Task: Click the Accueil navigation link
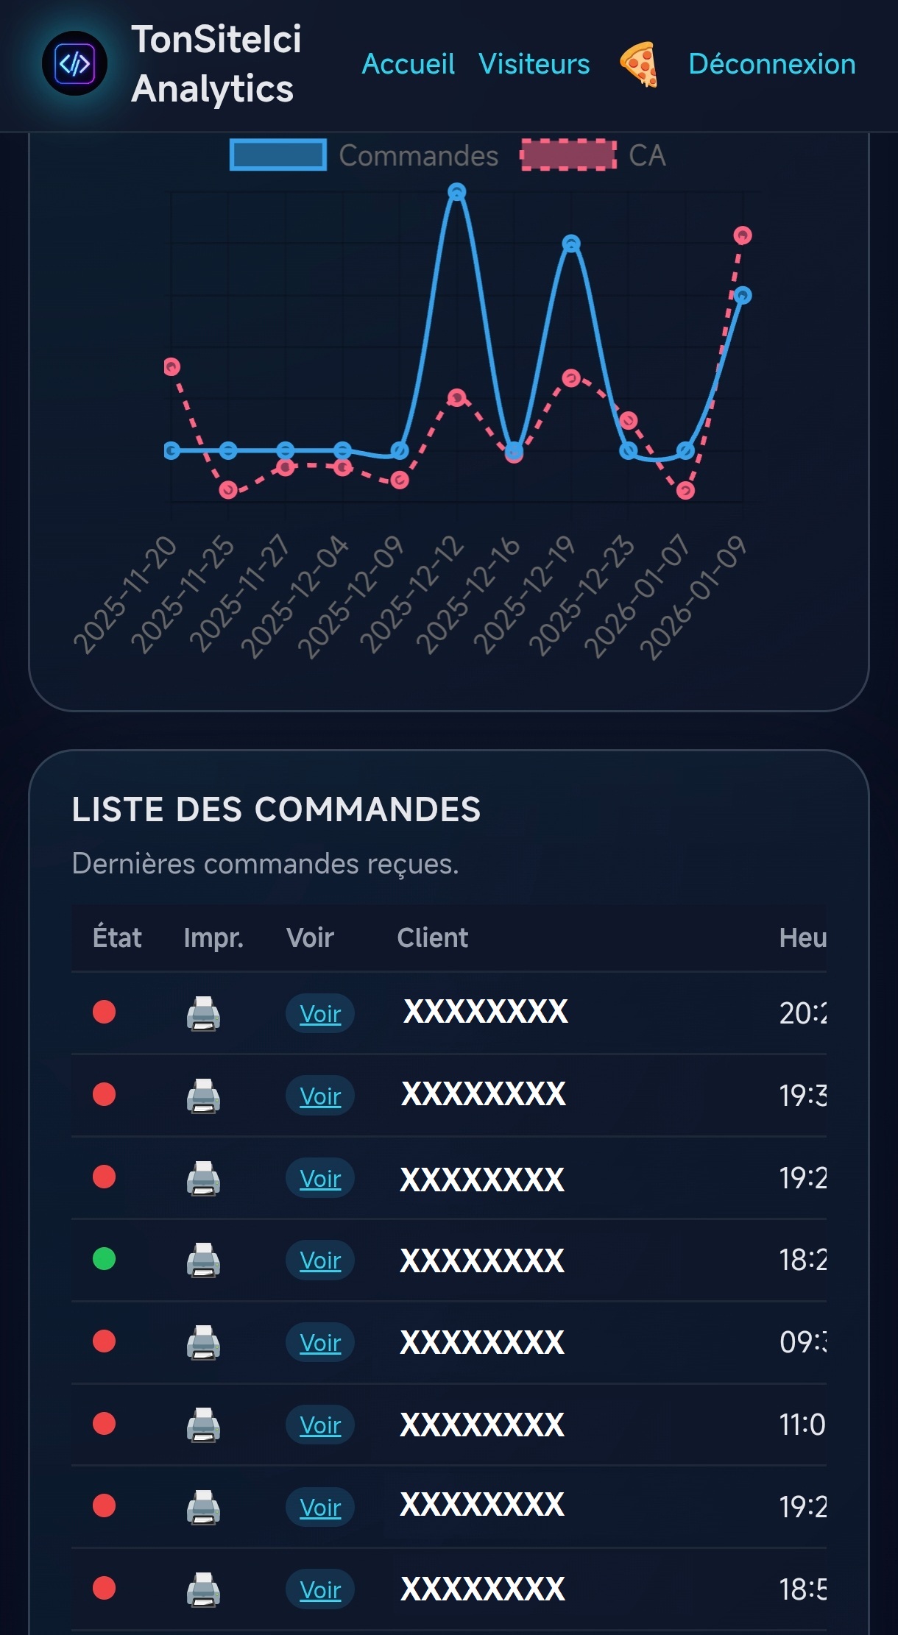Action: click(408, 64)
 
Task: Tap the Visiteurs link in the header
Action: click(534, 64)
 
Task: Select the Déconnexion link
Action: click(771, 64)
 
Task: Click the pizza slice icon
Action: click(638, 65)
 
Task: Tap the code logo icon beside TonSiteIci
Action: click(74, 64)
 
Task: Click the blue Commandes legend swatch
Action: click(278, 155)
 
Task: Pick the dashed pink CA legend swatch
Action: click(568, 155)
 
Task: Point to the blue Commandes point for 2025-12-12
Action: click(457, 193)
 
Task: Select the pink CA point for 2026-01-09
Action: click(742, 235)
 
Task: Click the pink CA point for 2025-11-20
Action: click(172, 366)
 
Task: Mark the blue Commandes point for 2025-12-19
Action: click(571, 244)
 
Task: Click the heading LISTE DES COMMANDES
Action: click(276, 809)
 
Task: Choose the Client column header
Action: click(432, 937)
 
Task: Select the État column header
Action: click(117, 937)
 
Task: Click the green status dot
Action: click(105, 1259)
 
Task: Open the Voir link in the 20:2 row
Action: click(320, 1013)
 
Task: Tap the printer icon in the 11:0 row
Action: click(203, 1425)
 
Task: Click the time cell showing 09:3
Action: click(802, 1342)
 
